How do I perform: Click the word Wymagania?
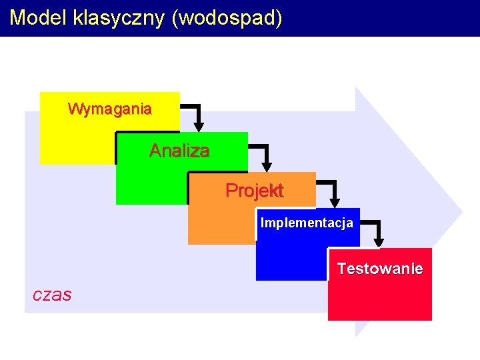pyautogui.click(x=110, y=108)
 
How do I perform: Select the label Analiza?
pyautogui.click(x=179, y=151)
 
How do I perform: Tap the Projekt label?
pyautogui.click(x=254, y=191)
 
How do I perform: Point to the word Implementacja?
pyautogui.click(x=307, y=223)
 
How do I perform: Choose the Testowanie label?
pyautogui.click(x=379, y=269)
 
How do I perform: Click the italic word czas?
pyautogui.click(x=52, y=295)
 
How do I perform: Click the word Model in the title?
pyautogui.click(x=37, y=17)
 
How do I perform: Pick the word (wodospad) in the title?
pyautogui.click(x=227, y=17)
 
